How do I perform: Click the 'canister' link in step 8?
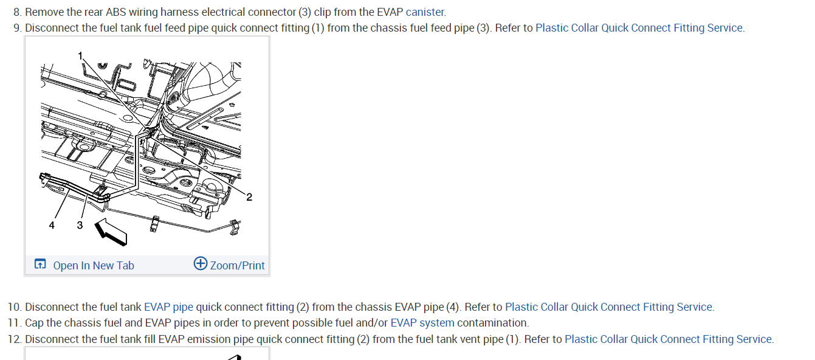click(x=425, y=12)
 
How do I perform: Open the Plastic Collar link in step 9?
click(x=639, y=28)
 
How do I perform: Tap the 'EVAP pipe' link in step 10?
click(x=168, y=307)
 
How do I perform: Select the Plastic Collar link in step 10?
click(x=609, y=307)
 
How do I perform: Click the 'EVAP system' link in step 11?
click(x=422, y=323)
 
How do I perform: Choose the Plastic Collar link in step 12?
click(x=669, y=339)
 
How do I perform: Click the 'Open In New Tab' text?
click(x=94, y=265)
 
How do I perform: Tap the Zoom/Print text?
click(x=238, y=265)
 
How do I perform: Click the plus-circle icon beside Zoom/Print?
click(x=201, y=263)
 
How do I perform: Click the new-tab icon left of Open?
click(x=40, y=264)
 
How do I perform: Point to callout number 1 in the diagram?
click(x=80, y=55)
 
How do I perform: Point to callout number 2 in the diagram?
click(x=249, y=196)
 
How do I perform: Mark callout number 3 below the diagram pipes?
click(x=80, y=225)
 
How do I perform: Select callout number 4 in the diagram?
click(x=52, y=225)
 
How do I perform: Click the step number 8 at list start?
click(x=16, y=12)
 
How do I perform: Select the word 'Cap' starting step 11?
click(x=34, y=323)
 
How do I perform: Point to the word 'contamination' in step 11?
click(x=493, y=323)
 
